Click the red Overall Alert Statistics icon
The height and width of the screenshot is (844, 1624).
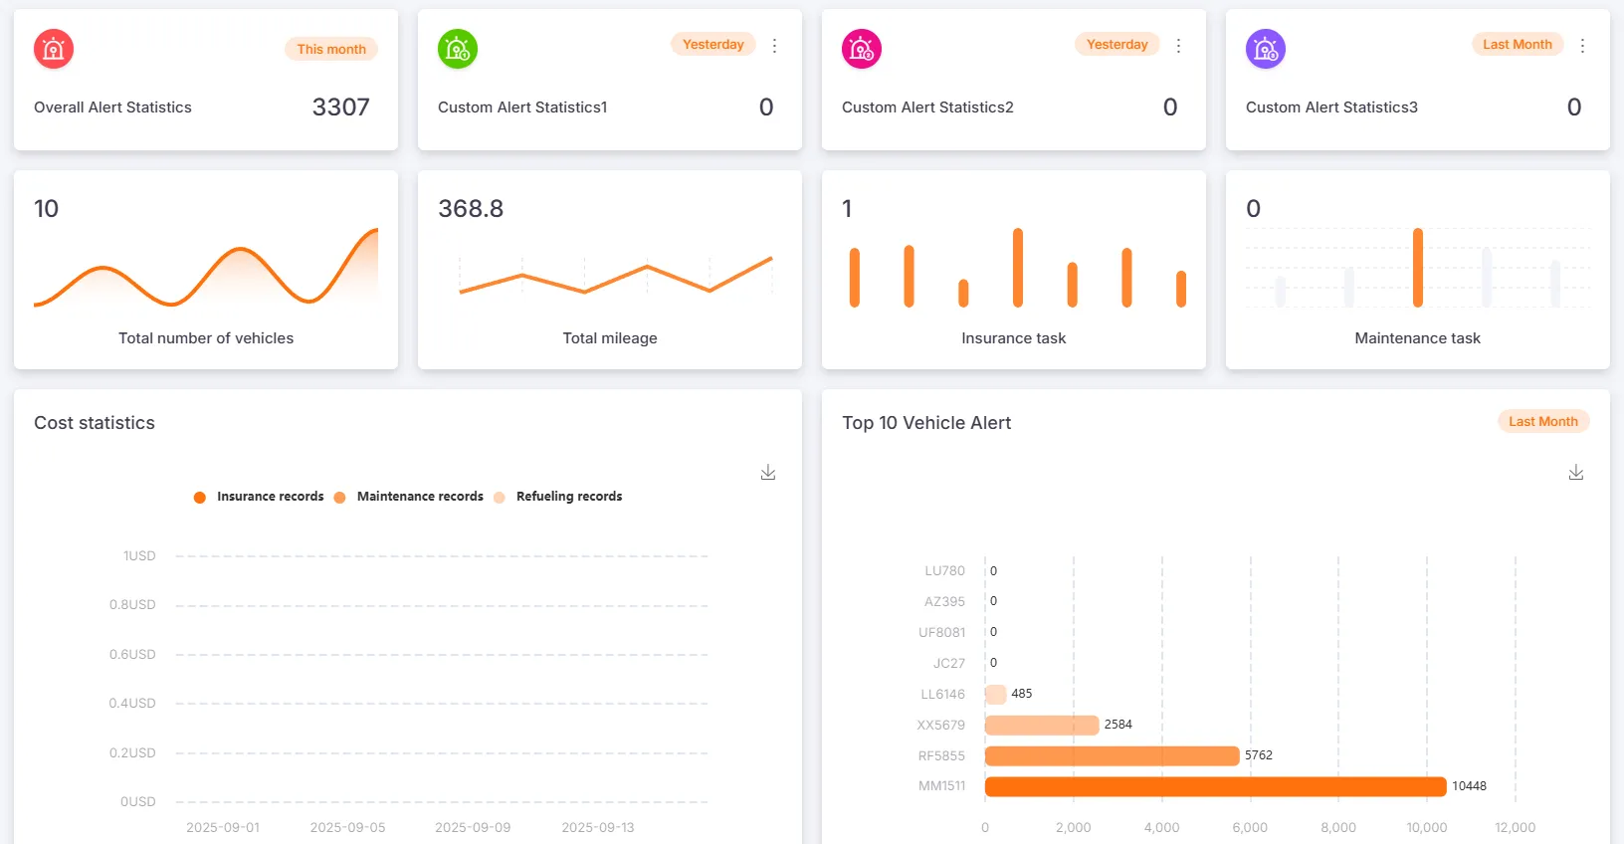(54, 49)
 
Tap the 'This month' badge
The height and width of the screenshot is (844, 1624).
(331, 49)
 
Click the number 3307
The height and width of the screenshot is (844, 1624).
(340, 107)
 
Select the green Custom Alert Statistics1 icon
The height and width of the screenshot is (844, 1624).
(458, 49)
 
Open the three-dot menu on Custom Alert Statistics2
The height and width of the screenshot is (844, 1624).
(1178, 46)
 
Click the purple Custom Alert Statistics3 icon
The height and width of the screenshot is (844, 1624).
(1266, 49)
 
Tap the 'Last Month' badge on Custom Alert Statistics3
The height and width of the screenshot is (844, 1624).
(1517, 44)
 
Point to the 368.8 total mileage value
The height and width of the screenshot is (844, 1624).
(471, 209)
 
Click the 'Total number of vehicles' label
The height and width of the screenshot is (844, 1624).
(206, 338)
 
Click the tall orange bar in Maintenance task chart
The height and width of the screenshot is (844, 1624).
(1417, 267)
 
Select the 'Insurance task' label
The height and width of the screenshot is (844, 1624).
(1013, 338)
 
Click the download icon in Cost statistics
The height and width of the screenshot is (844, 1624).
(768, 473)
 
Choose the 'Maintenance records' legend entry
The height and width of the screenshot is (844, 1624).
(419, 497)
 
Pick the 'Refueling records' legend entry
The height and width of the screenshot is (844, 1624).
(568, 497)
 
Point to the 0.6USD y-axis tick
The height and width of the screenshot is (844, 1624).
(132, 654)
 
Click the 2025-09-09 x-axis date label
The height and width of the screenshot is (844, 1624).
(473, 827)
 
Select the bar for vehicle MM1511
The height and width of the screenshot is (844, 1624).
(1214, 786)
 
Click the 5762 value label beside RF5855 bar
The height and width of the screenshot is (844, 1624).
(1258, 755)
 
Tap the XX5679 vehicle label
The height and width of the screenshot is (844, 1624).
(940, 725)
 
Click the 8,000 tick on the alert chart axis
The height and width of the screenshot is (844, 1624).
(1337, 827)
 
